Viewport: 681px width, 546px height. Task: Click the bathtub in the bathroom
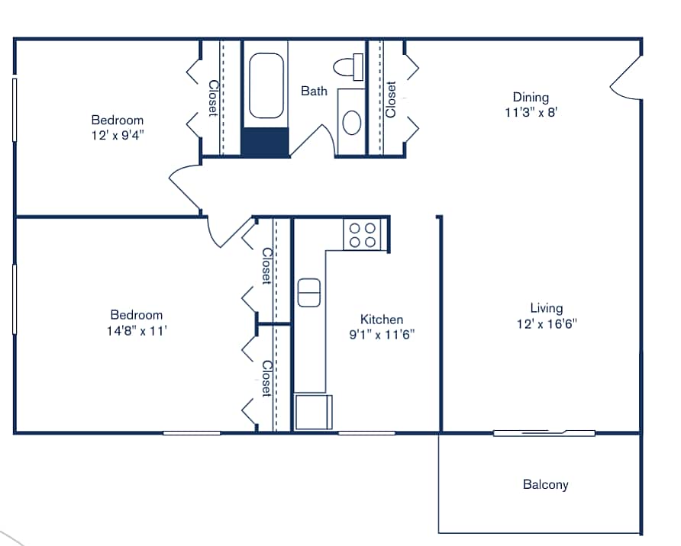(x=266, y=85)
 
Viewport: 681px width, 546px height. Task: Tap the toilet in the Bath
(x=352, y=66)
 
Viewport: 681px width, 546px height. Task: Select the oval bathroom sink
(x=352, y=122)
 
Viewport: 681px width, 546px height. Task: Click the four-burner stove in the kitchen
(x=363, y=235)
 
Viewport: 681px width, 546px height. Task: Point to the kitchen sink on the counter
(x=309, y=293)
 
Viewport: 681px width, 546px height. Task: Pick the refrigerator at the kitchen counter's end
(x=313, y=412)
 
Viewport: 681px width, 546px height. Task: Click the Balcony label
(x=545, y=484)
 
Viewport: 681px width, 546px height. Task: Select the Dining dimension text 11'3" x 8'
(x=530, y=111)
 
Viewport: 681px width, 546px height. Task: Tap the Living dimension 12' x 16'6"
(x=546, y=323)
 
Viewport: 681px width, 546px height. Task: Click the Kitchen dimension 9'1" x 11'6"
(x=381, y=334)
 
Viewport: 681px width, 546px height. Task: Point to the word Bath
(x=314, y=91)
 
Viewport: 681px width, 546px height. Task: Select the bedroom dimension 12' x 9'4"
(x=117, y=134)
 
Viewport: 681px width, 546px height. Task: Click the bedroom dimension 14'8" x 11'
(x=136, y=329)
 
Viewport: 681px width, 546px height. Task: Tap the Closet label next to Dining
(x=391, y=99)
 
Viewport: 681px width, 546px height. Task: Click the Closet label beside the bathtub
(x=213, y=99)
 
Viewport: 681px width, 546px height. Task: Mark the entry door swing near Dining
(x=626, y=80)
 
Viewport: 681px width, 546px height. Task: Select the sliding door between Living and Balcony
(x=544, y=433)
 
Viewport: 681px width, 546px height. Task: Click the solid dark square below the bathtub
(x=266, y=142)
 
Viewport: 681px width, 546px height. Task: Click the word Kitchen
(x=381, y=320)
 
